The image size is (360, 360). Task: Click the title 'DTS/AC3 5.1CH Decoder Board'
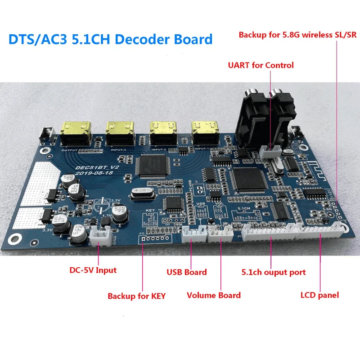(111, 39)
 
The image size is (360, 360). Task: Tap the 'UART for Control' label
(261, 65)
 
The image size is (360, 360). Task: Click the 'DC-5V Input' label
(93, 270)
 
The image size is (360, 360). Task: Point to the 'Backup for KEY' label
(136, 296)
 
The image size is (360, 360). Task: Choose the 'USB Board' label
(187, 272)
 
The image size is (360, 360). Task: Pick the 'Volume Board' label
(214, 295)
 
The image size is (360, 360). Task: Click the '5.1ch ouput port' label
(274, 272)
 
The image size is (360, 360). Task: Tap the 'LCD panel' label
(319, 295)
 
